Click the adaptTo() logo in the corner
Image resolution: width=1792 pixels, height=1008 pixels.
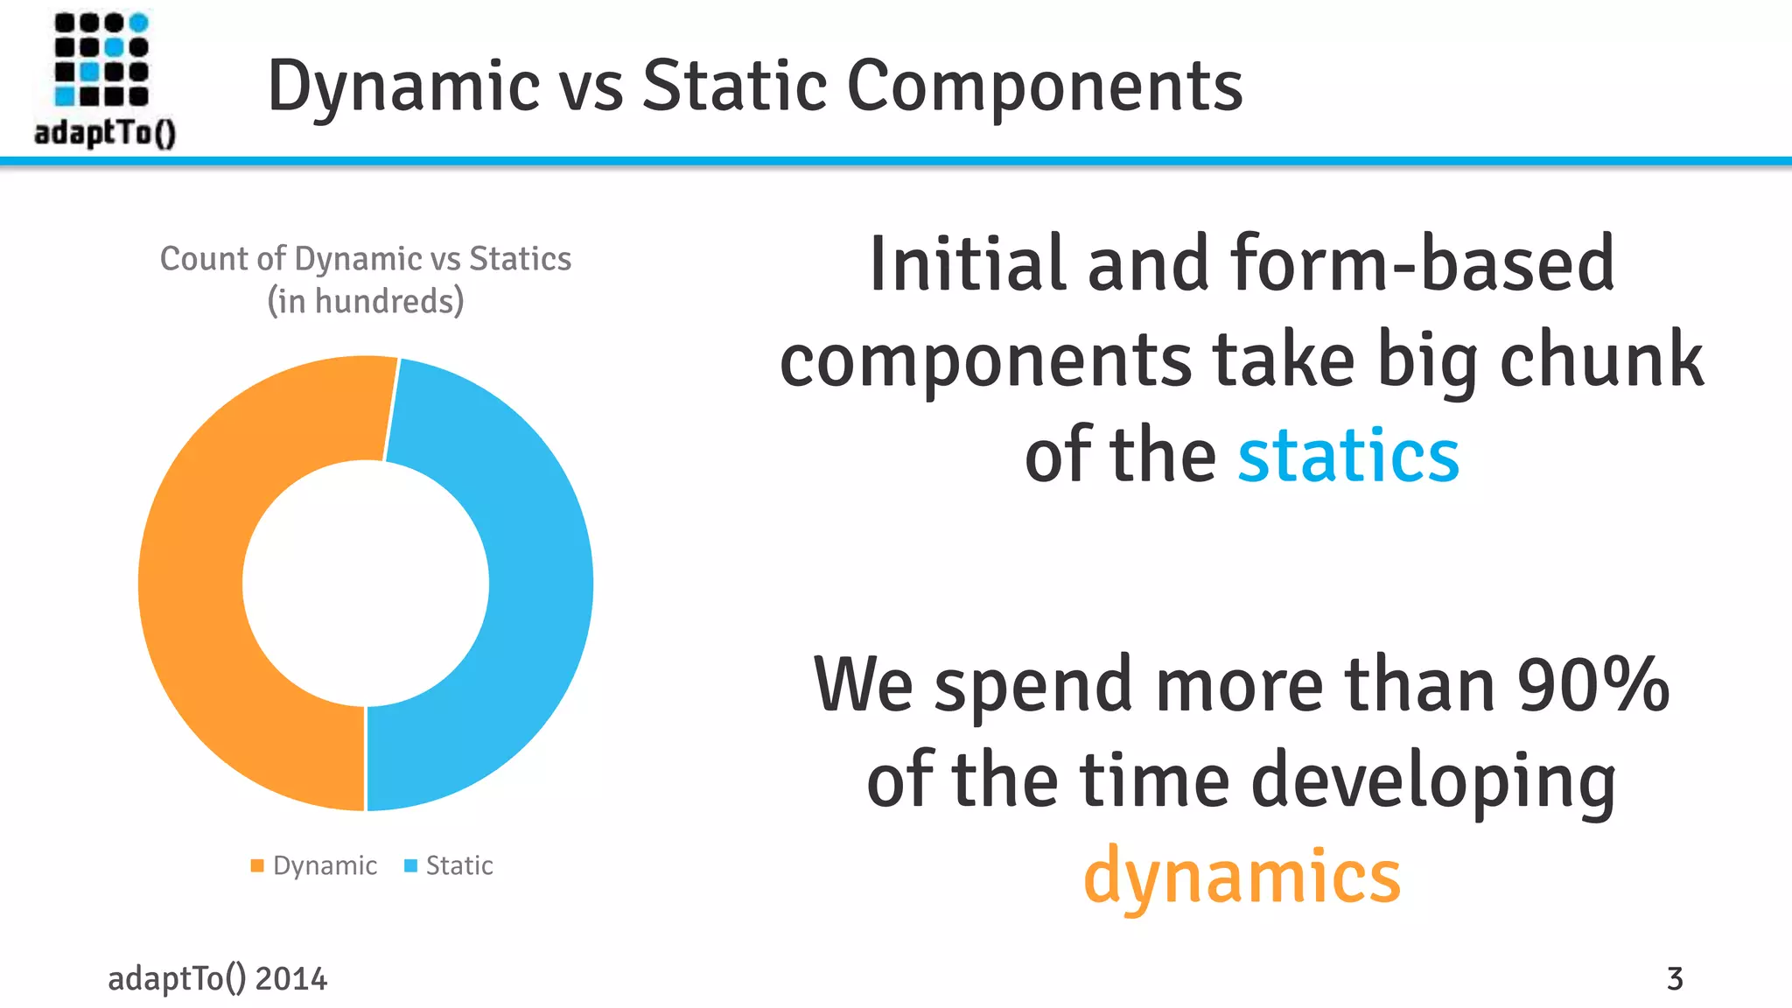[x=103, y=79]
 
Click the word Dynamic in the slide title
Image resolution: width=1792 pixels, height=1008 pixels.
[x=403, y=87]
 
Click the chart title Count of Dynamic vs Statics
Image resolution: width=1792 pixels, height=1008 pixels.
[x=366, y=259]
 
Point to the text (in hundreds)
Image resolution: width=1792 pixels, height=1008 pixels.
[x=366, y=301]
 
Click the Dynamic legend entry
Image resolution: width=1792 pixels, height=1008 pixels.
[x=325, y=865]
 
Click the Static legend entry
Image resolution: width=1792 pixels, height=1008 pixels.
[x=459, y=865]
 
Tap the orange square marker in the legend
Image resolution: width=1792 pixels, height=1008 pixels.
[x=257, y=865]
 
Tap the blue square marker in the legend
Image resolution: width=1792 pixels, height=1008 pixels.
[x=410, y=865]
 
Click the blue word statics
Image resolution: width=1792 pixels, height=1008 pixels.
[x=1348, y=456]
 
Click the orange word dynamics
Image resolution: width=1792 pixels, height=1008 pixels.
[x=1242, y=875]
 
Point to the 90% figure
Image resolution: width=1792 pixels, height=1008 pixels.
[x=1592, y=685]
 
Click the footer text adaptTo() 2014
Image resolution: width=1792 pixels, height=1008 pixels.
[x=217, y=978]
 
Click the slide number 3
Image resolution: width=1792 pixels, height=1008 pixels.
[x=1675, y=978]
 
